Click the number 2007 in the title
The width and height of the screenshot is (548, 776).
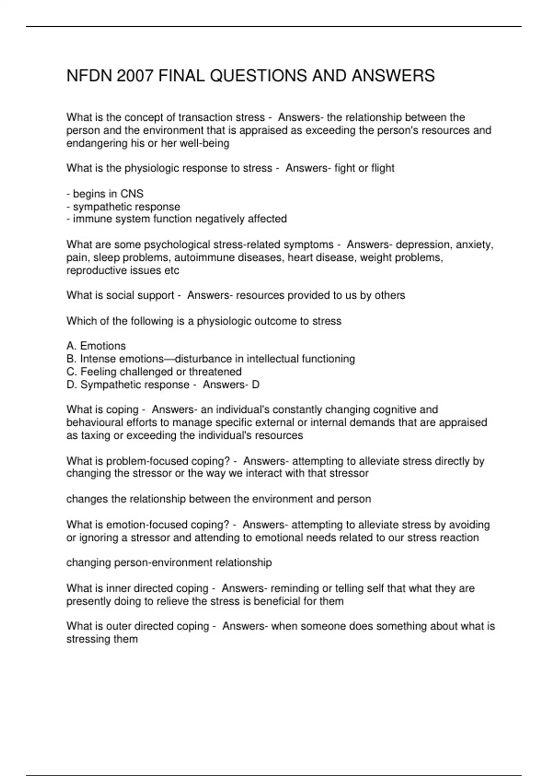[135, 76]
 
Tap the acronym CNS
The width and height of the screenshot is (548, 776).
[132, 194]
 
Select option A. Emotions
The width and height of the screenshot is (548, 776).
[96, 346]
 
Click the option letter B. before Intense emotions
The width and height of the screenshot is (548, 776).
[71, 359]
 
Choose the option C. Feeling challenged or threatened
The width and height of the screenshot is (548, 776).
[154, 372]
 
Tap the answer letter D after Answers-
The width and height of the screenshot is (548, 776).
[255, 385]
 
